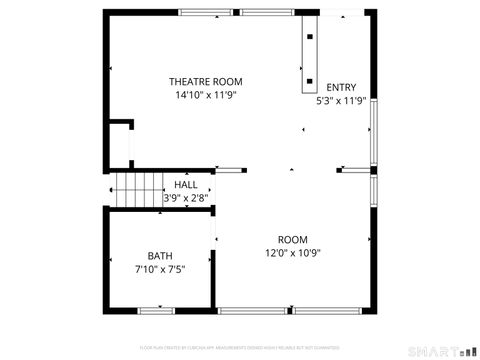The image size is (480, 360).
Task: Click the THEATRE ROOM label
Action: [x=205, y=82]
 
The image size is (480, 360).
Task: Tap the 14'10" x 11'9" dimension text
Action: [x=205, y=95]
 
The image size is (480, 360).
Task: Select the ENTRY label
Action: [x=341, y=88]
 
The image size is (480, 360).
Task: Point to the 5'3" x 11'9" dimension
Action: [x=341, y=101]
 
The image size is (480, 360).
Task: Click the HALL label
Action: [x=186, y=186]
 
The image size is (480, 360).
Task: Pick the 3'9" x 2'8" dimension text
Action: [x=186, y=198]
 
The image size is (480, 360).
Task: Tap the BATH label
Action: [x=160, y=256]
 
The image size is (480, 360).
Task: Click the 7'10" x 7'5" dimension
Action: [x=160, y=269]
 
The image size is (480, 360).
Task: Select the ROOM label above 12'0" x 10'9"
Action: [x=292, y=240]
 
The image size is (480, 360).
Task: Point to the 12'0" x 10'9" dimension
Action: [x=292, y=253]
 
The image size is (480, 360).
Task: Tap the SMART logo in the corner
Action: [x=443, y=350]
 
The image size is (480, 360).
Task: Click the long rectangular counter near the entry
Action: [x=309, y=55]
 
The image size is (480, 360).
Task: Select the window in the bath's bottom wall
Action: [x=157, y=311]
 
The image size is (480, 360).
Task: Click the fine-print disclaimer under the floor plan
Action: [x=240, y=347]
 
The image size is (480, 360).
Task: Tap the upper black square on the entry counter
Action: [x=309, y=37]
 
